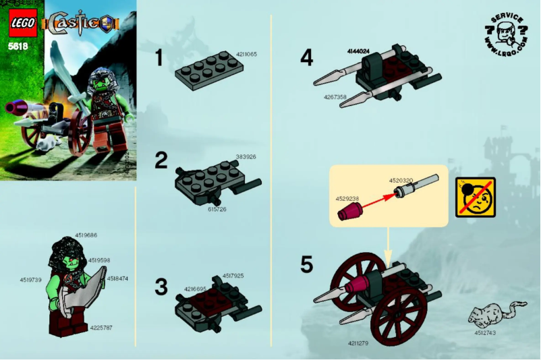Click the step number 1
point(160,59)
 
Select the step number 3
point(161,287)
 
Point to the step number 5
point(307,264)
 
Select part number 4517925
point(233,275)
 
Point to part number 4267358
point(335,97)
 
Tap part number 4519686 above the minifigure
point(88,235)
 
